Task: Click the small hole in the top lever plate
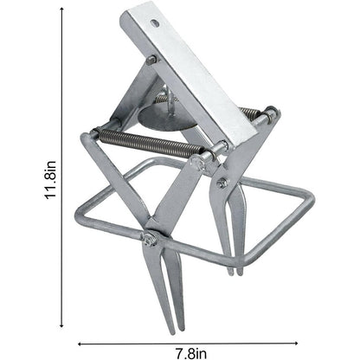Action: pos(154,24)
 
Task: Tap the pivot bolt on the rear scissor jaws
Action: pos(223,183)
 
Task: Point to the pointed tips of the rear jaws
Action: pos(235,270)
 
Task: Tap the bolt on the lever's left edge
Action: pos(151,60)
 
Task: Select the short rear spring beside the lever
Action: pos(250,112)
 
